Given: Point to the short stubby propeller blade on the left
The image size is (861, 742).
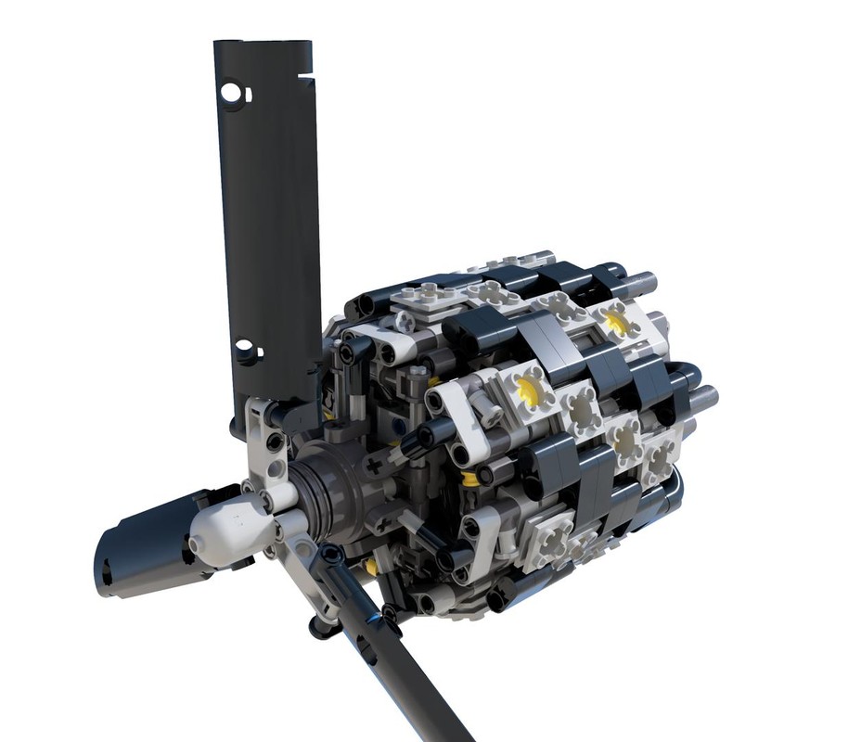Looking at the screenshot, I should pos(139,546).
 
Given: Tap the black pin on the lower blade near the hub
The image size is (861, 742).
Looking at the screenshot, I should pos(331,556).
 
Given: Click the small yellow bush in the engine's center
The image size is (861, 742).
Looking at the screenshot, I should pos(470,479).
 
